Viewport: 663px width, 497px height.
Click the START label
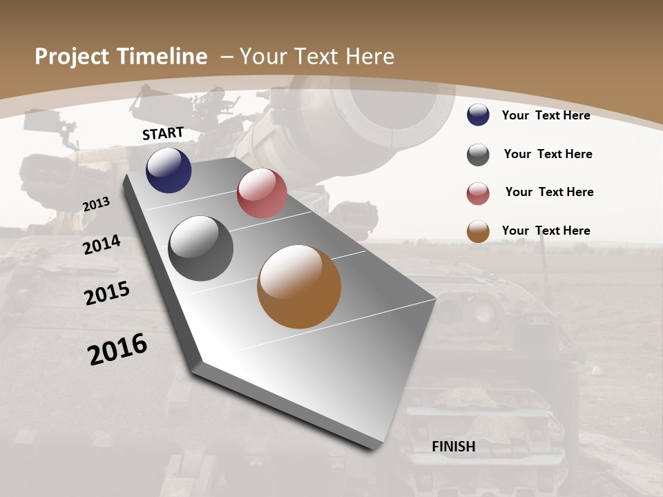(163, 133)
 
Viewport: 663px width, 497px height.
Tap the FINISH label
(453, 447)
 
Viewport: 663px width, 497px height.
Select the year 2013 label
(96, 204)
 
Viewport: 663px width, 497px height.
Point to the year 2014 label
(102, 245)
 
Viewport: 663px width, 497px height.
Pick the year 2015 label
(107, 293)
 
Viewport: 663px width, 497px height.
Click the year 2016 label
(117, 349)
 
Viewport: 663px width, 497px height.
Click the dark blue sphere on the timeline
(169, 170)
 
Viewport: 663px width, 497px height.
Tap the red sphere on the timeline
(262, 193)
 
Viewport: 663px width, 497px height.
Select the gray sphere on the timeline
(201, 248)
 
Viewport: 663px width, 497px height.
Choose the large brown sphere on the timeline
(299, 286)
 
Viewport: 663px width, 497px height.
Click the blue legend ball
(478, 115)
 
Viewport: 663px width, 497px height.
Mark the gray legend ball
(478, 155)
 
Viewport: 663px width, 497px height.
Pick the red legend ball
(478, 193)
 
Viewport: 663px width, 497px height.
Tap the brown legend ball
(478, 231)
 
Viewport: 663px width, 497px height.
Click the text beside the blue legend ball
(546, 115)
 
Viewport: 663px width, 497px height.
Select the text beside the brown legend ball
(546, 231)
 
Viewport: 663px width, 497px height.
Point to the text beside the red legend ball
(549, 192)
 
